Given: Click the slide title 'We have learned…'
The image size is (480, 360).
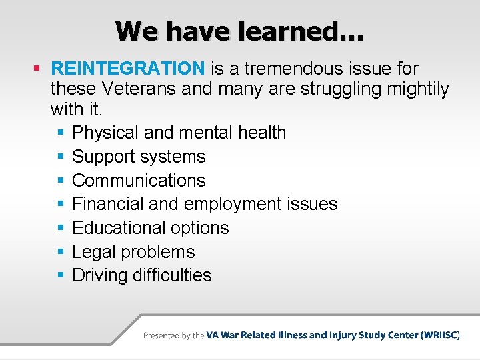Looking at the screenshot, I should (x=239, y=31).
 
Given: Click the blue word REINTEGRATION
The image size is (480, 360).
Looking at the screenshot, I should (x=128, y=69).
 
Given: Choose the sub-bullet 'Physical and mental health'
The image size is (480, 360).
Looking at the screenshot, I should (x=179, y=133).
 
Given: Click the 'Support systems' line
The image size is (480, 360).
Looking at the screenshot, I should (x=139, y=157).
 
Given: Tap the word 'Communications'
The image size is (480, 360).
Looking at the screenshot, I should (x=139, y=181).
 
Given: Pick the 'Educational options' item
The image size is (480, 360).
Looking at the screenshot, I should (x=150, y=228).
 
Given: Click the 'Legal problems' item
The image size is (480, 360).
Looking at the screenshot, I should (x=133, y=252).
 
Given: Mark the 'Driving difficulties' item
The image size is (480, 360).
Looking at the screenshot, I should (x=141, y=275).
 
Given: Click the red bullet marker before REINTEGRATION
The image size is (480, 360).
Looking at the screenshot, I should (x=37, y=69).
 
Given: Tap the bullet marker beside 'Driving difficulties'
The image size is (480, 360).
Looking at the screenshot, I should (x=60, y=275).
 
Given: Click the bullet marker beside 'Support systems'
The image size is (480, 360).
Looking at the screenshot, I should (x=60, y=157).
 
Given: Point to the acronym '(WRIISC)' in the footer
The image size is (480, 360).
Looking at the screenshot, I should (x=440, y=335).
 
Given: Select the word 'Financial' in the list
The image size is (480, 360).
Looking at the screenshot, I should (x=104, y=204).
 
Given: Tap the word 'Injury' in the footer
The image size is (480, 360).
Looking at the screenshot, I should (x=343, y=335).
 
